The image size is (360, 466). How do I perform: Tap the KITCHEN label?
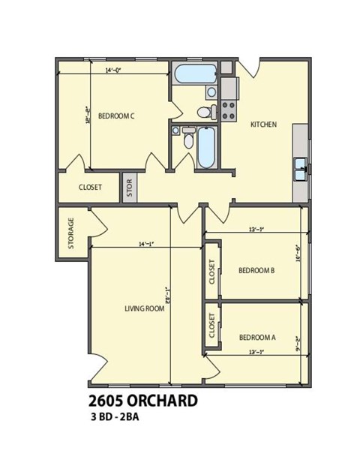point(264,125)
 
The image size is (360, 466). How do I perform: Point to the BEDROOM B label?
point(256,270)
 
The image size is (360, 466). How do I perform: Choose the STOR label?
point(129,188)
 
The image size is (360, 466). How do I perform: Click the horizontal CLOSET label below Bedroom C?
point(90,188)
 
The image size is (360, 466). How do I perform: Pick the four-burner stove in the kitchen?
point(228,111)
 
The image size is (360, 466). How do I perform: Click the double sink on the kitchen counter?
point(300,169)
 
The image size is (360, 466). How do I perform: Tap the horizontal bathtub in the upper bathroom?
point(194,75)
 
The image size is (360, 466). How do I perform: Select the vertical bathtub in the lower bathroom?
point(206,148)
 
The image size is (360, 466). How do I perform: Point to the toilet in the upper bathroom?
point(204,113)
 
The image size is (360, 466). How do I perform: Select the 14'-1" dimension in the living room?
point(147,244)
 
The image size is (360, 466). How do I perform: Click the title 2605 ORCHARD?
point(143,401)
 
